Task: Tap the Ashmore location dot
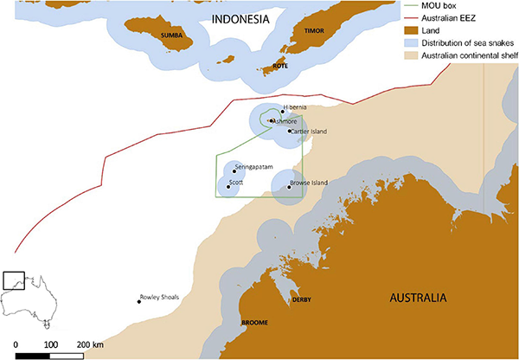coord(271,121)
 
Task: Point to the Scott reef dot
coord(228,185)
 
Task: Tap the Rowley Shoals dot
coord(139,300)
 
